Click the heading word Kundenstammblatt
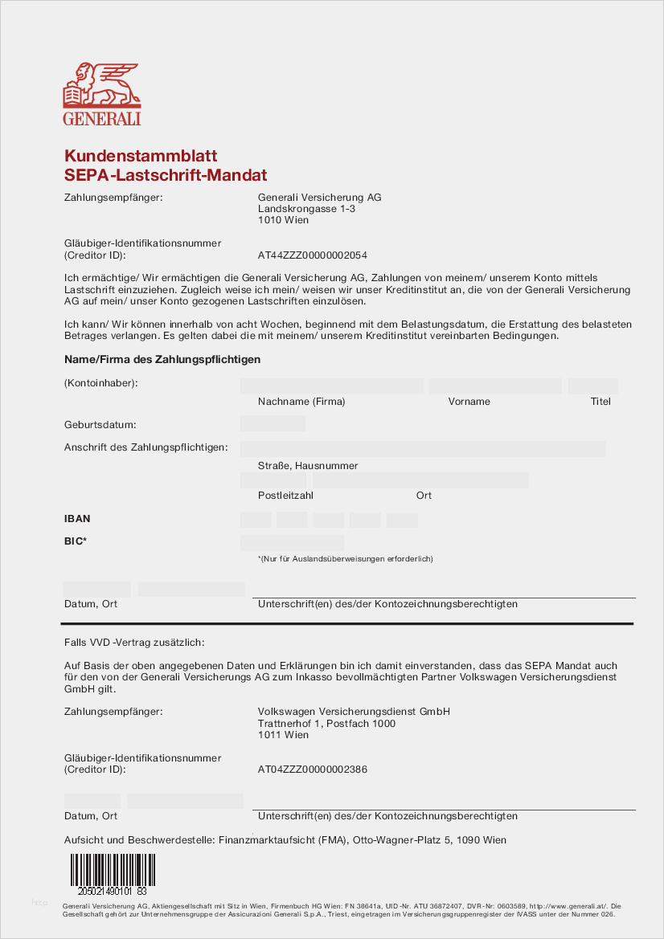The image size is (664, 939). (141, 156)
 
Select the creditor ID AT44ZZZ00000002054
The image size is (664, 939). (312, 255)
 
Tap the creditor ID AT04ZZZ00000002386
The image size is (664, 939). (312, 770)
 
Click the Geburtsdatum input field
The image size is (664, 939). (273, 423)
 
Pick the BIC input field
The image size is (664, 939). (292, 542)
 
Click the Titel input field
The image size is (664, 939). (592, 386)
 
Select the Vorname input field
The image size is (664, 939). (494, 386)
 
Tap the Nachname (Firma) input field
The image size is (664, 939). (331, 386)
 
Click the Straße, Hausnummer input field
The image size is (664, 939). (422, 448)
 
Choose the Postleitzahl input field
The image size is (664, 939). (273, 480)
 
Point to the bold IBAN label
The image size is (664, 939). (77, 519)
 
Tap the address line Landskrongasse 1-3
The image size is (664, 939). (306, 209)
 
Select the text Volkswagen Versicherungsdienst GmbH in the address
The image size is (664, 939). (354, 712)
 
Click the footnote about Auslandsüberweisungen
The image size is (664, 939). (345, 558)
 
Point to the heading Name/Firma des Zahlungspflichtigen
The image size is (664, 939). (162, 359)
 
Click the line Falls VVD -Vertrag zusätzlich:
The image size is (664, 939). (134, 643)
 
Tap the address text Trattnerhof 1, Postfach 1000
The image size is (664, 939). (326, 724)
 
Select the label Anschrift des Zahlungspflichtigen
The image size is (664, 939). (146, 447)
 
